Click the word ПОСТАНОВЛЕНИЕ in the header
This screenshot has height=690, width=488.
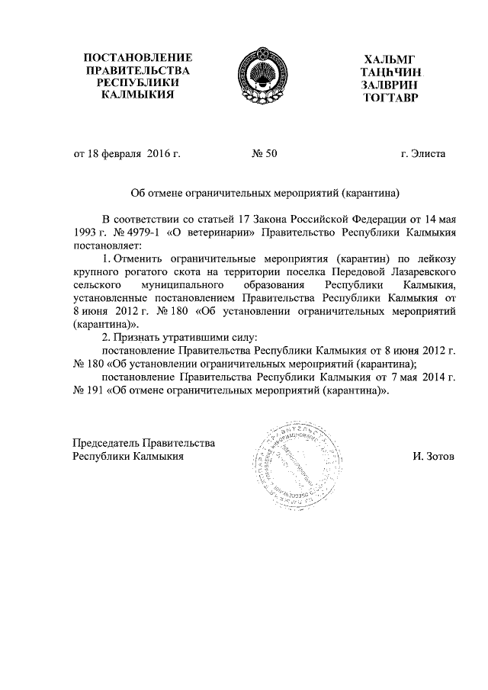pos(137,58)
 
